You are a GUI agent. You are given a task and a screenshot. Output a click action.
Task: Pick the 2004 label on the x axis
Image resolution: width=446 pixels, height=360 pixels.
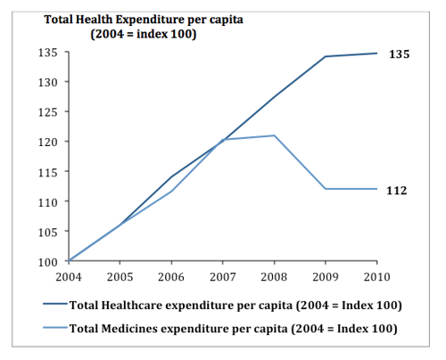point(69,276)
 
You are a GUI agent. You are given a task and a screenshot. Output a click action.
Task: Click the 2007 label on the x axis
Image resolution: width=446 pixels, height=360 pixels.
point(223,276)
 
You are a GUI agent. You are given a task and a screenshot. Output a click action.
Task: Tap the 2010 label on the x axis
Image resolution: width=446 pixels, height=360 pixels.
point(376,276)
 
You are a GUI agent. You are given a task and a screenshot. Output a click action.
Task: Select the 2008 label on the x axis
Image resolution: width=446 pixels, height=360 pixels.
point(274,276)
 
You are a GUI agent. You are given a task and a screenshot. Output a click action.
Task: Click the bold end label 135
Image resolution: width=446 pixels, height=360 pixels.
point(399,54)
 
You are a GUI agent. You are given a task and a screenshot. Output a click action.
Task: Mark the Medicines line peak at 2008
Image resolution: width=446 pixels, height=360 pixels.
point(274,135)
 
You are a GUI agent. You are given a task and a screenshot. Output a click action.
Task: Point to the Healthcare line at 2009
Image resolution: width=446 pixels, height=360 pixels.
point(326,56)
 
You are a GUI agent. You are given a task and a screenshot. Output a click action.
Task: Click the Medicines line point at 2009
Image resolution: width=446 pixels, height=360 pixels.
point(326,189)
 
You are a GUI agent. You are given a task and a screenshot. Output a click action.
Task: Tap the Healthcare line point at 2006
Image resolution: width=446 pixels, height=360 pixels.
point(171,176)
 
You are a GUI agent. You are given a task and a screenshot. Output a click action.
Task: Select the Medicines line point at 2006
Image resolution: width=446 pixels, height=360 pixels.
point(171,192)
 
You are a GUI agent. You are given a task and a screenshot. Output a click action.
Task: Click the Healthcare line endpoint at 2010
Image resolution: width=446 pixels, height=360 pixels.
point(376,53)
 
